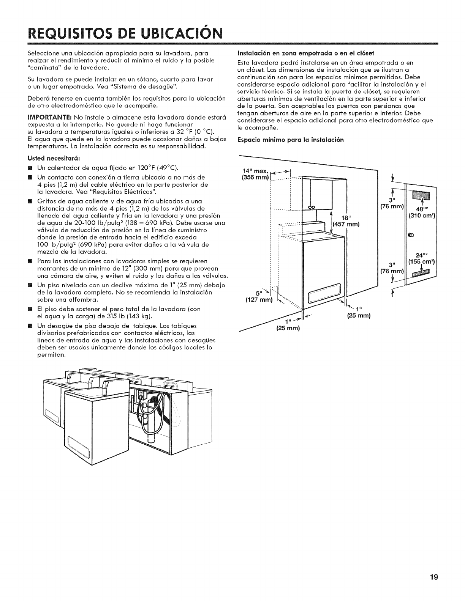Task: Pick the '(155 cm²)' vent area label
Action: point(422,261)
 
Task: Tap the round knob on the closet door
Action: point(410,235)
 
